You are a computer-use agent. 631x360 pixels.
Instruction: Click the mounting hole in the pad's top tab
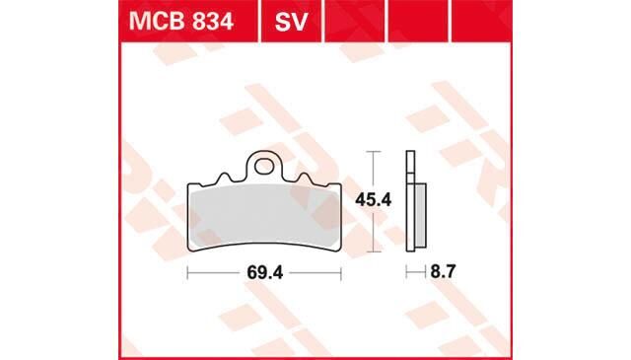click(261, 165)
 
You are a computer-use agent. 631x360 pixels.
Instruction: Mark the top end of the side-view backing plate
click(409, 154)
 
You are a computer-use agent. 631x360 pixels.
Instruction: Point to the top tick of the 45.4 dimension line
click(372, 152)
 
